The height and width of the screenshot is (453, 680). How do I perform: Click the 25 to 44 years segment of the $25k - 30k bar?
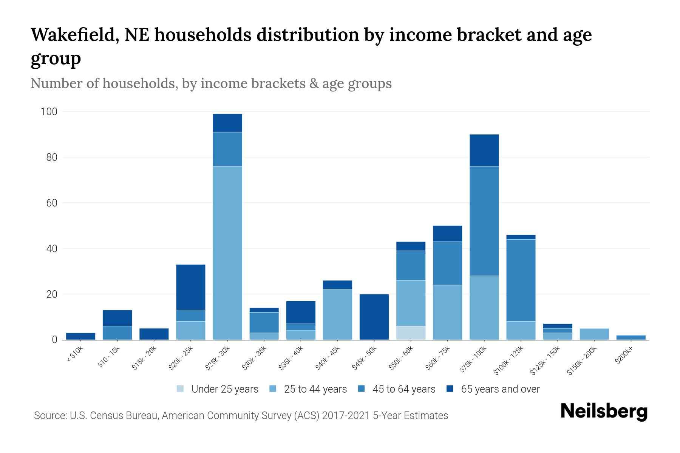(x=227, y=253)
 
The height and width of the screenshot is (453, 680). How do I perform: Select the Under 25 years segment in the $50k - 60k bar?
(x=411, y=333)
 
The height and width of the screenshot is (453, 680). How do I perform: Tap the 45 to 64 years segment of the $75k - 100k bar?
(x=484, y=221)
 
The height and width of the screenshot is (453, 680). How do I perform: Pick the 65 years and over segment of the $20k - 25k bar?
(x=190, y=287)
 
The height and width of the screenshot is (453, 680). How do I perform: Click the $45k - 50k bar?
(x=374, y=317)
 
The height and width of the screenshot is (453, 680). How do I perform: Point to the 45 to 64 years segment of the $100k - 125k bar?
(x=521, y=280)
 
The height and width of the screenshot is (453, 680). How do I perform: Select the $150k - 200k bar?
(x=594, y=334)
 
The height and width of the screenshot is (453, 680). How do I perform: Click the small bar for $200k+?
(x=631, y=337)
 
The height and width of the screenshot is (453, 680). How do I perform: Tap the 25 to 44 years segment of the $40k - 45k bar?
(x=337, y=314)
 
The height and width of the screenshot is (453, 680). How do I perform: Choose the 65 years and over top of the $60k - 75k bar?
(x=447, y=233)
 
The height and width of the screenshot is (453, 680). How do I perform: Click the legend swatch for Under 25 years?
(x=180, y=389)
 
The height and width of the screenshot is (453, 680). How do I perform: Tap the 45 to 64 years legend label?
(x=404, y=389)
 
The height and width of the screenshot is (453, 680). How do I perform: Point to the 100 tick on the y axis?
(x=49, y=112)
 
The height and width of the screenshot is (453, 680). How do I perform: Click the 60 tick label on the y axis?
(x=51, y=203)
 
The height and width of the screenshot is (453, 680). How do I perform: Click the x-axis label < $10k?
(x=75, y=355)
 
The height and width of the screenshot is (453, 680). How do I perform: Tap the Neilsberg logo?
(x=604, y=411)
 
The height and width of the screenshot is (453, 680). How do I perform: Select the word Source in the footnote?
(x=49, y=416)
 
